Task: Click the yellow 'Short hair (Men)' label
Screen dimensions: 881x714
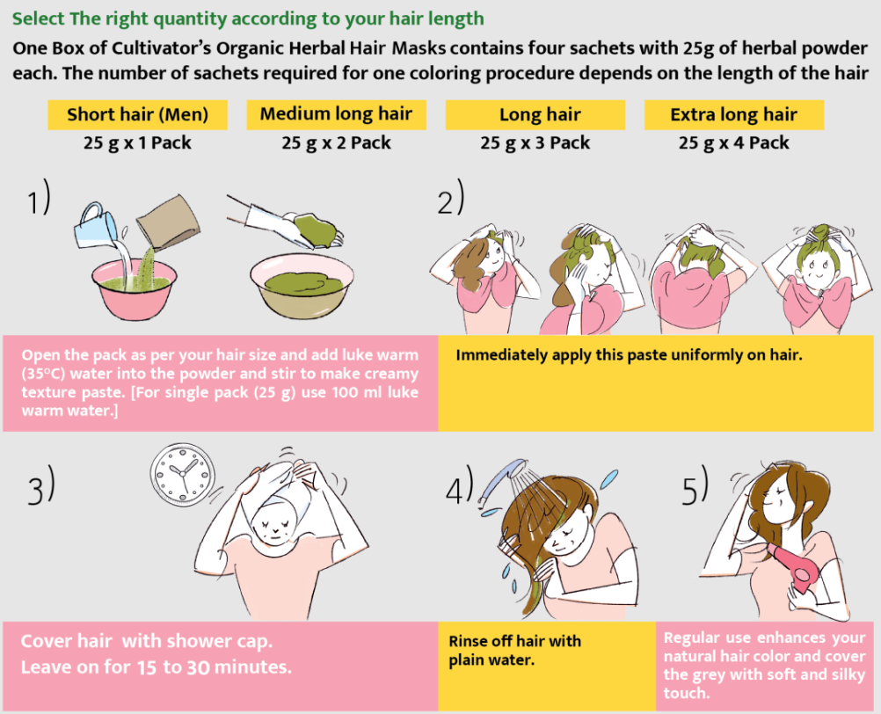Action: tap(138, 114)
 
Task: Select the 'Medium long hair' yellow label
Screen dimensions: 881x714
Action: tap(336, 114)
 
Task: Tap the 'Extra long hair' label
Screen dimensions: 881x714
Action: tap(734, 114)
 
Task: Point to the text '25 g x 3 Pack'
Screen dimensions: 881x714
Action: tap(535, 142)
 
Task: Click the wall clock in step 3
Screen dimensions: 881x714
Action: tap(183, 473)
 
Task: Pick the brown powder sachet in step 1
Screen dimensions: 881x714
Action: tap(169, 222)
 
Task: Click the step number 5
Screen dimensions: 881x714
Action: tap(695, 486)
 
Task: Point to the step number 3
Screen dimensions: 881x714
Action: tap(41, 484)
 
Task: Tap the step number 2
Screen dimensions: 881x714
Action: tap(451, 198)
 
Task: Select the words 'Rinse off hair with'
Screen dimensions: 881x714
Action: tap(514, 641)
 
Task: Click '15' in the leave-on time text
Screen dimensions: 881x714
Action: tap(147, 667)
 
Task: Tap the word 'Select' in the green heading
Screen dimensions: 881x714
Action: tap(38, 18)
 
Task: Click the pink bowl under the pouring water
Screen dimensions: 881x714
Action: tap(135, 290)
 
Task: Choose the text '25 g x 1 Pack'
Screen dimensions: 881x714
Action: tap(138, 142)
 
